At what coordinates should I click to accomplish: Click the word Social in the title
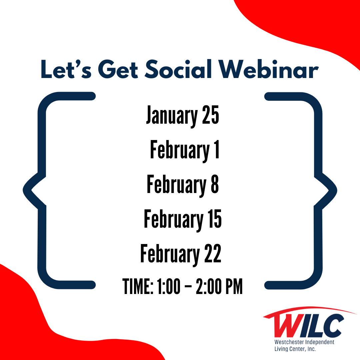[178, 69]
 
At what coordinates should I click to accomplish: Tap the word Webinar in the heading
[268, 69]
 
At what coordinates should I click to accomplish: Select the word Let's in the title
[66, 69]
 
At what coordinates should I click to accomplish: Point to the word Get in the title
[118, 69]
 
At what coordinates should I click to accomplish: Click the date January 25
[183, 115]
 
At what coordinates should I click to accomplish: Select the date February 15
[183, 220]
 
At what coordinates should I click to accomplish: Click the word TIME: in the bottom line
[138, 286]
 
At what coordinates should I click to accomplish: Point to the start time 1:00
[169, 286]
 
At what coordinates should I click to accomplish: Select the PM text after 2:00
[234, 286]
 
